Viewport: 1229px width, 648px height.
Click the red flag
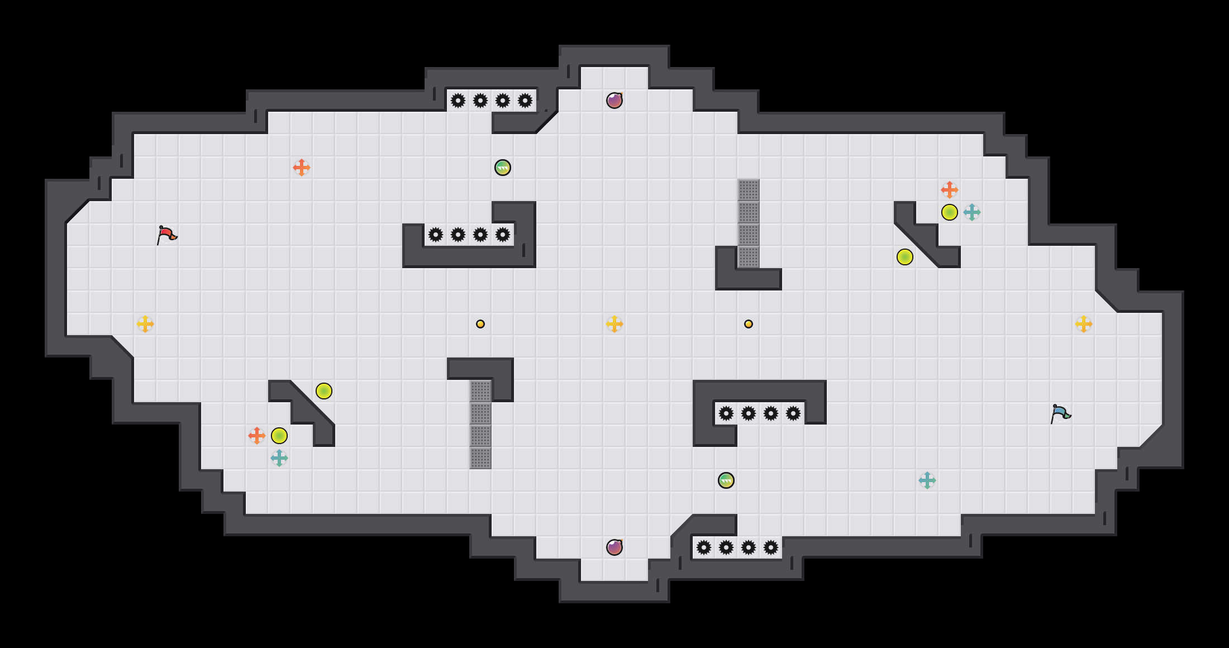tap(166, 235)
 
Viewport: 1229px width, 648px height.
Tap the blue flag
tap(1060, 414)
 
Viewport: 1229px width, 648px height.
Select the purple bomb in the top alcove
tap(614, 101)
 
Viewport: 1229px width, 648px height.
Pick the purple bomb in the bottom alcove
tap(614, 547)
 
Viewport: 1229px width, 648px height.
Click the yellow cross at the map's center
tap(614, 324)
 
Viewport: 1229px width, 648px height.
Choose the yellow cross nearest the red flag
tap(145, 324)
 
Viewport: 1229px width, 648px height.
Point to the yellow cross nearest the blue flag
tap(1084, 324)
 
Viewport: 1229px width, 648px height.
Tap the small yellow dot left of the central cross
tap(480, 324)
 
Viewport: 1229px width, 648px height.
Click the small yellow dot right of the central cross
tap(749, 324)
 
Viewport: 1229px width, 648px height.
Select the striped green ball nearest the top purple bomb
tap(503, 168)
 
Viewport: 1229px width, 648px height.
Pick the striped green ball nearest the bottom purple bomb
tap(726, 480)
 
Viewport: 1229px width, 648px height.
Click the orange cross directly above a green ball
tap(950, 190)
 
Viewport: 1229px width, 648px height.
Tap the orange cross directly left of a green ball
tap(257, 436)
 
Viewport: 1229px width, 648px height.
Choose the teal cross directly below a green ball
tap(279, 458)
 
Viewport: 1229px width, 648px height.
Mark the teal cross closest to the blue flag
tap(927, 480)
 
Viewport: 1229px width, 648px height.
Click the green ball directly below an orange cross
tap(950, 212)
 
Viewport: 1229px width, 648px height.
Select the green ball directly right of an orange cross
tap(279, 436)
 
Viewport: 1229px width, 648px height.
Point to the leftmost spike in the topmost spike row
tap(458, 101)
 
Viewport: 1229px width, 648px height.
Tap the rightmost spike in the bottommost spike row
tap(771, 547)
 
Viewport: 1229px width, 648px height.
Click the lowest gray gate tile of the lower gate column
tap(480, 458)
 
